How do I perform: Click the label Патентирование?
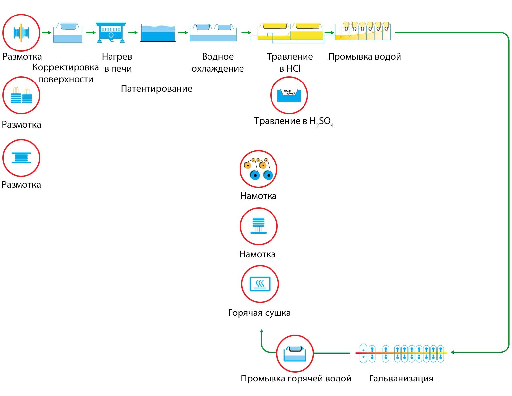click(x=156, y=89)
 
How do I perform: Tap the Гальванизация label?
click(x=401, y=379)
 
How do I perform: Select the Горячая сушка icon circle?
click(x=260, y=284)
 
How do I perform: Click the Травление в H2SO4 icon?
click(x=289, y=95)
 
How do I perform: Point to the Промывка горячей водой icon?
click(x=295, y=354)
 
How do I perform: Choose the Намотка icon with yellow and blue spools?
click(x=258, y=169)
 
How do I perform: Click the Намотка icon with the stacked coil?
click(x=259, y=226)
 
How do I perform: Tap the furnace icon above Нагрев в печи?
click(x=111, y=32)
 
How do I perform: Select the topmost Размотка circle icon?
click(x=21, y=33)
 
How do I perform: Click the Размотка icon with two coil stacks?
click(x=21, y=95)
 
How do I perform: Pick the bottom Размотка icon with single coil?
click(x=21, y=158)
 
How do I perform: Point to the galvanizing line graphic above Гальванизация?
click(x=401, y=353)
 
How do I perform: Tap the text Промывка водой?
click(x=364, y=57)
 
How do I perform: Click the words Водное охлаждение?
click(x=218, y=63)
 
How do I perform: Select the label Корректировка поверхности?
click(x=66, y=73)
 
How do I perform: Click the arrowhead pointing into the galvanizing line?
click(x=453, y=352)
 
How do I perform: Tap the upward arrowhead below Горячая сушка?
click(x=261, y=331)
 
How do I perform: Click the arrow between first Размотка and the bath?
click(x=47, y=32)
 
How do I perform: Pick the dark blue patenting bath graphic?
click(x=158, y=33)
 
